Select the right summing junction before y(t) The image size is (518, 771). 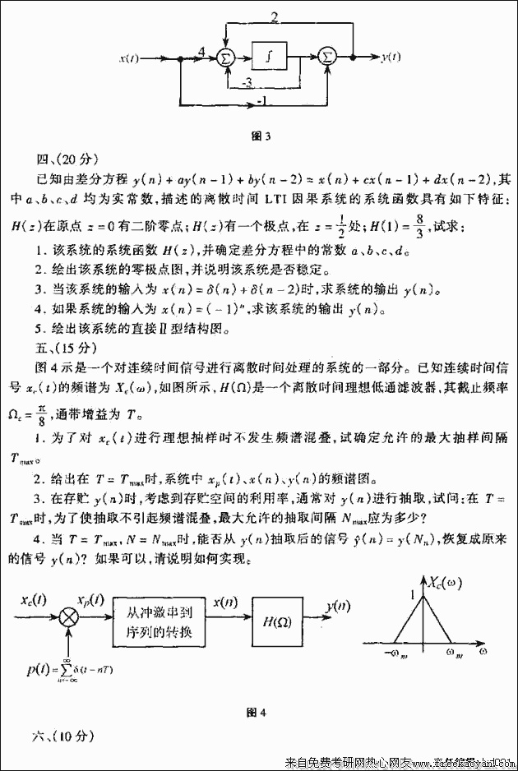[326, 57]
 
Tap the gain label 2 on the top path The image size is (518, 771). [274, 17]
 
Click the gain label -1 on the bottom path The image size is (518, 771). [261, 101]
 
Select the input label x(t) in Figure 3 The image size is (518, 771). [129, 58]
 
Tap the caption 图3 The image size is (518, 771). [261, 135]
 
